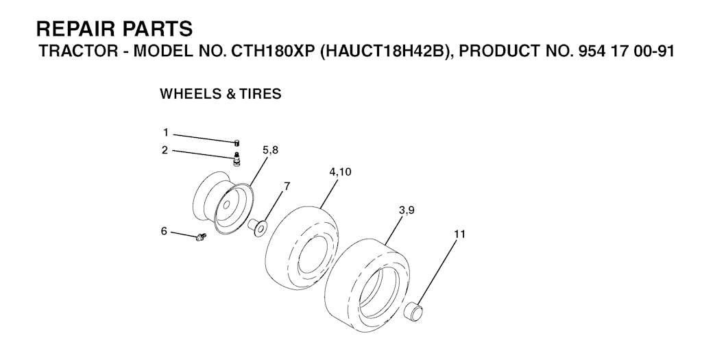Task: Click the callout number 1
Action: pos(166,133)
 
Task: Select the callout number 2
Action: pos(165,150)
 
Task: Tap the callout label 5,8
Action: pos(270,150)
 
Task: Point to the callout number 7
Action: pos(287,186)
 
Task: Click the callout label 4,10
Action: pos(340,172)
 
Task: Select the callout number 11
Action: pos(459,234)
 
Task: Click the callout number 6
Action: pos(164,231)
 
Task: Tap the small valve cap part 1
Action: pos(237,143)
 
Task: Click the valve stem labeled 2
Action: pos(236,159)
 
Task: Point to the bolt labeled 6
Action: pos(200,237)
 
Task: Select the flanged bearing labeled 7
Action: pos(258,226)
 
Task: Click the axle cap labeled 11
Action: pos(415,310)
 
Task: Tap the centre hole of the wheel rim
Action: pos(226,206)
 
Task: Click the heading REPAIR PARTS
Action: pos(114,29)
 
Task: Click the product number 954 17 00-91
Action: pos(614,51)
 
